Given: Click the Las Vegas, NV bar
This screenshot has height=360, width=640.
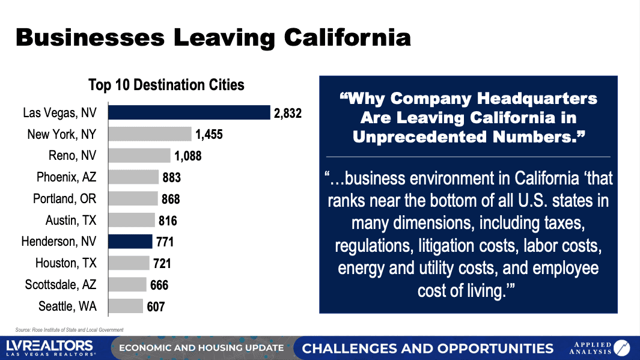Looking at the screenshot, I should [189, 112].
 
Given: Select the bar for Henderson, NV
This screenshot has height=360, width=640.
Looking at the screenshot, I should [130, 242].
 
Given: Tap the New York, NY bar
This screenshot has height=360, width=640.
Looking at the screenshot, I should [150, 134].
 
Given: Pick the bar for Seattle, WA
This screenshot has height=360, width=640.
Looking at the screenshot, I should [126, 307].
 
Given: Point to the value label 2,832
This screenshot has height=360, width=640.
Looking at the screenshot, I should [287, 113].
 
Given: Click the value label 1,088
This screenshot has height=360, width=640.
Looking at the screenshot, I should [188, 156].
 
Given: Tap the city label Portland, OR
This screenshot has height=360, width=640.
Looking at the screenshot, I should [66, 198].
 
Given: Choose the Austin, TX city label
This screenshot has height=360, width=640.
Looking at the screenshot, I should [71, 220].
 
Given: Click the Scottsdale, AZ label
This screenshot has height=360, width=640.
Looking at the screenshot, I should [61, 285].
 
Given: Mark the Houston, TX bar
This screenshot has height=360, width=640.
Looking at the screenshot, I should [129, 263].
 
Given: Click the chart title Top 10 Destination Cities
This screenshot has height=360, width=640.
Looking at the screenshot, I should [166, 85].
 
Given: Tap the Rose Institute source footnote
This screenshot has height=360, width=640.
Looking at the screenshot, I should [69, 329].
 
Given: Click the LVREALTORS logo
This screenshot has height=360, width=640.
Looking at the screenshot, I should [50, 348].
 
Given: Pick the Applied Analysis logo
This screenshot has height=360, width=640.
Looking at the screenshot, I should [599, 348].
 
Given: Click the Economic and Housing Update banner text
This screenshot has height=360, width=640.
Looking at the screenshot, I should [201, 348].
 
